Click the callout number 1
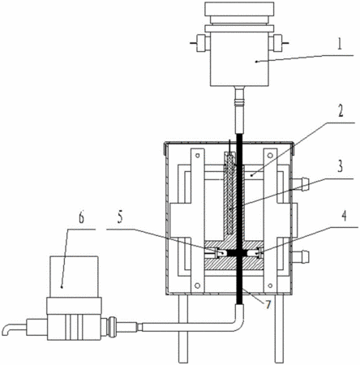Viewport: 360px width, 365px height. coord(340,45)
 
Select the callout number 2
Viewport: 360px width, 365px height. coord(341,110)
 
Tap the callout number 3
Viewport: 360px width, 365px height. coord(341,166)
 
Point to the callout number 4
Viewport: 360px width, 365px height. coord(344,217)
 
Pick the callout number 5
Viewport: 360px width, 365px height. coord(120,217)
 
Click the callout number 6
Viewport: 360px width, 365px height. coord(81,217)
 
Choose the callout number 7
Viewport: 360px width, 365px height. coord(268,304)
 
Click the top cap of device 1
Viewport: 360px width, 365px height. coord(239,8)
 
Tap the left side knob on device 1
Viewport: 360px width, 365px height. coord(201,43)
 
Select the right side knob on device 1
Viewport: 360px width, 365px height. coord(277,43)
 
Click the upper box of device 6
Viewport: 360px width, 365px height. coord(74,277)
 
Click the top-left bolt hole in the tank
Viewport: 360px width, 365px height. coord(198,156)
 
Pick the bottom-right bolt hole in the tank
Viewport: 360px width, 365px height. coord(270,286)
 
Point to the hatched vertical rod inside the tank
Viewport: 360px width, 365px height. coord(230,193)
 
